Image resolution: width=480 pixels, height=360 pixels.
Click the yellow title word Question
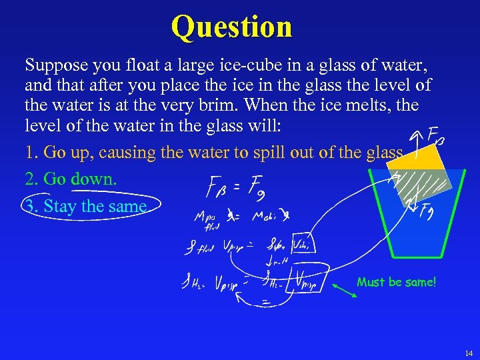pos(231,27)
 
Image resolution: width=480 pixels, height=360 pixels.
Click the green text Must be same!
pos(396,282)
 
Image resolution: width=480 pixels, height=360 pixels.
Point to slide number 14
pos(467,351)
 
